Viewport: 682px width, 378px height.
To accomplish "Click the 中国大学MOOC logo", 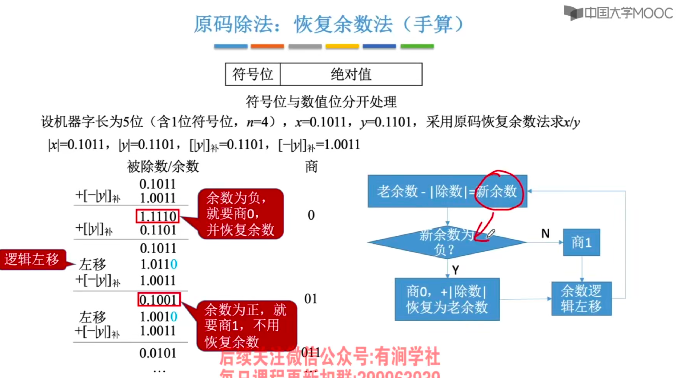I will (618, 13).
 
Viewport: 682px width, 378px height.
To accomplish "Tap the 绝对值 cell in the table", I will (351, 74).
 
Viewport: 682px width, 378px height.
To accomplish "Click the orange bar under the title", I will (267, 46).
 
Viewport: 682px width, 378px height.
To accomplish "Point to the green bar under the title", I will (417, 46).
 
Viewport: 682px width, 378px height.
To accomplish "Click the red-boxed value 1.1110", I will (158, 216).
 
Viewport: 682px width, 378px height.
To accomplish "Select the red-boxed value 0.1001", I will (159, 300).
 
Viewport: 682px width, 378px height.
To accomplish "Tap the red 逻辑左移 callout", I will (32, 259).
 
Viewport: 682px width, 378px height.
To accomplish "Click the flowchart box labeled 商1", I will (581, 242).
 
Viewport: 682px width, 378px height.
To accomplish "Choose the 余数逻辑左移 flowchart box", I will (581, 299).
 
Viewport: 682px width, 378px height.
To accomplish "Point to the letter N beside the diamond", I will (545, 233).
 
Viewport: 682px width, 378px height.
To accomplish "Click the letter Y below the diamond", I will (455, 270).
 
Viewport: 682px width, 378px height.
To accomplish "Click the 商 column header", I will (311, 167).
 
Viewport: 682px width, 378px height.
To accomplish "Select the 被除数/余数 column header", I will (163, 167).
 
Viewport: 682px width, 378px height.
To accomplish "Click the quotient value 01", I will (310, 299).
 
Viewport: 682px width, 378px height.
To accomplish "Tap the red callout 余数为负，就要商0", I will (240, 214).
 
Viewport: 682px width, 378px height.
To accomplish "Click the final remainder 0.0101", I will (158, 353).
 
